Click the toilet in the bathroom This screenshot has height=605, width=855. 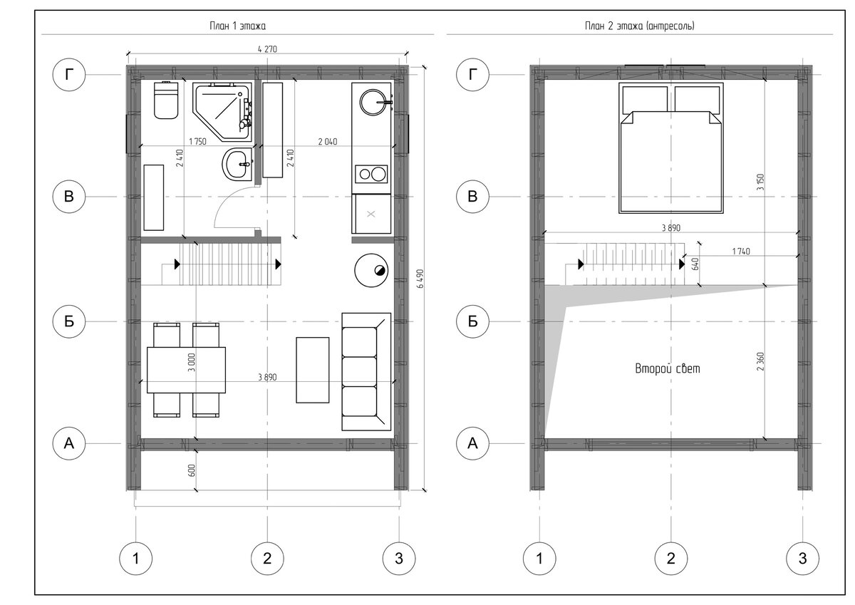(x=166, y=100)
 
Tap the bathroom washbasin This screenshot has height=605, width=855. (x=237, y=164)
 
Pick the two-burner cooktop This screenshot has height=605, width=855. (x=371, y=174)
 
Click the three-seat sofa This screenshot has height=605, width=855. (x=366, y=372)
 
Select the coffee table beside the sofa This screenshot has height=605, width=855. (x=313, y=370)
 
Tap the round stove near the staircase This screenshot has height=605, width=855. (x=371, y=270)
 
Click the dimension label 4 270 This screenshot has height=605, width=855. (x=267, y=49)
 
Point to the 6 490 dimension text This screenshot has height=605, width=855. (x=420, y=279)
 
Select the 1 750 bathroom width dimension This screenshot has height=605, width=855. (x=197, y=142)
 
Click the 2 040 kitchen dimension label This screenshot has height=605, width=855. (x=328, y=142)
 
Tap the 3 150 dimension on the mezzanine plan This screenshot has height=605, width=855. (x=760, y=182)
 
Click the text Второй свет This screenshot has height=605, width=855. (x=668, y=368)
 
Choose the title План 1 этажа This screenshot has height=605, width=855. (x=237, y=26)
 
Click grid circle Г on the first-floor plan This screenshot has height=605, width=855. (x=68, y=74)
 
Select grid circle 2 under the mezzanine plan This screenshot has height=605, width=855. (x=670, y=559)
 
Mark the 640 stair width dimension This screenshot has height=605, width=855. (x=695, y=264)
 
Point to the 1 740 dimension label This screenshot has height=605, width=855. (x=741, y=251)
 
